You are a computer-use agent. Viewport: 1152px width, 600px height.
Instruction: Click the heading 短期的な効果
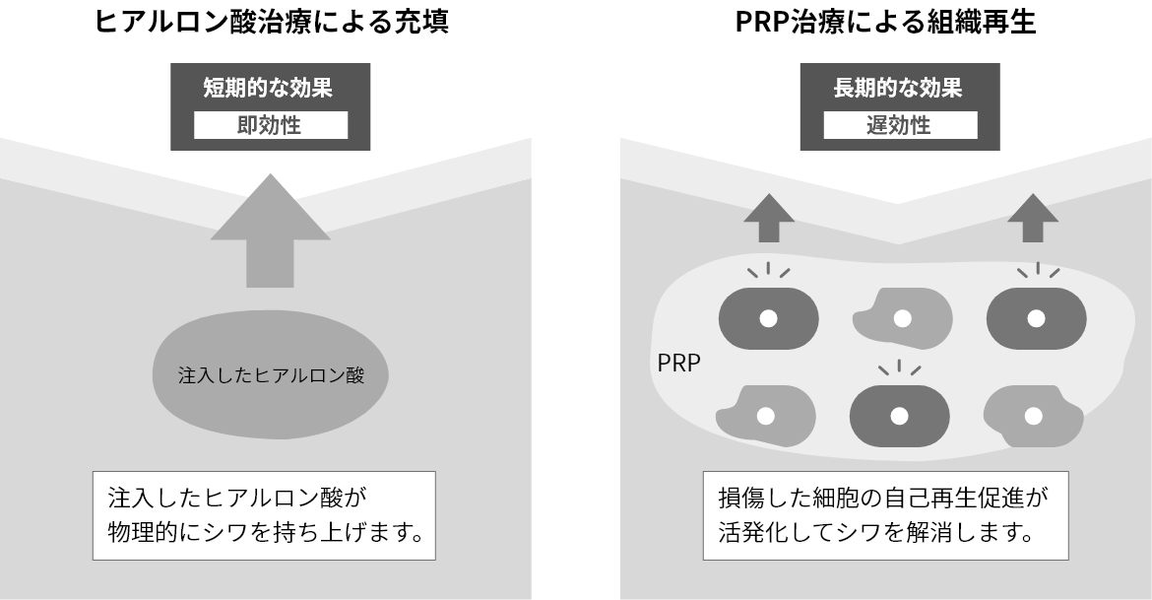pyautogui.click(x=269, y=88)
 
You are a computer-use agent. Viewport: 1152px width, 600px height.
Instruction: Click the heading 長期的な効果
pyautogui.click(x=898, y=88)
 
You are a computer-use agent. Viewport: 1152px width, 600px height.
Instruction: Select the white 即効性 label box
pyautogui.click(x=270, y=126)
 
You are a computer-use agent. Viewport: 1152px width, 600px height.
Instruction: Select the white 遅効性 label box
pyautogui.click(x=899, y=126)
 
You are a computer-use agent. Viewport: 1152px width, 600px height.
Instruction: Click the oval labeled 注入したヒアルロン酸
pyautogui.click(x=271, y=376)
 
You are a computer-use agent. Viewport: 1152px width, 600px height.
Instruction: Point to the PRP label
pyautogui.click(x=678, y=363)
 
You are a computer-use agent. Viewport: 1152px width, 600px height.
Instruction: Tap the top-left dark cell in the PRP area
pyautogui.click(x=768, y=318)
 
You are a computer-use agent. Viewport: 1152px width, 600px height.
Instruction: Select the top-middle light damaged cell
pyautogui.click(x=901, y=318)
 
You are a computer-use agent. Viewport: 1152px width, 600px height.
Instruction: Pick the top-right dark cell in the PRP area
pyautogui.click(x=1036, y=318)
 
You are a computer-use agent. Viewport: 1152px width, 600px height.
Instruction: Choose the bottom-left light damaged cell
pyautogui.click(x=766, y=415)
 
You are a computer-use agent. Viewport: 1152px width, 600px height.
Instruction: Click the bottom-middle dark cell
pyautogui.click(x=899, y=416)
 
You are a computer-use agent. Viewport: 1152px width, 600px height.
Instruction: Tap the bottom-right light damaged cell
pyautogui.click(x=1034, y=416)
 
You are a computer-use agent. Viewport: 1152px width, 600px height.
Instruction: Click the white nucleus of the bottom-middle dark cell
pyautogui.click(x=899, y=416)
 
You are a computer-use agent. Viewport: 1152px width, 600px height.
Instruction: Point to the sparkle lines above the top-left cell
pyautogui.click(x=769, y=270)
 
